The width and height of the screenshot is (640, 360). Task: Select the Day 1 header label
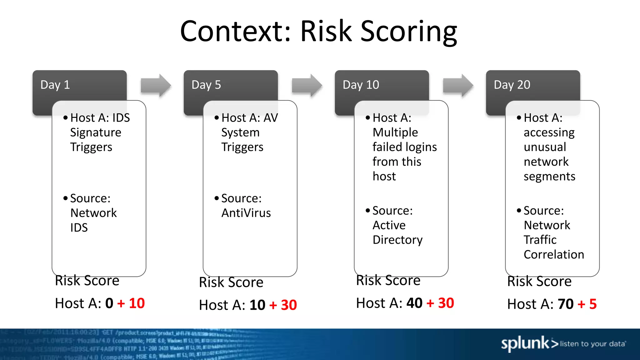point(55,85)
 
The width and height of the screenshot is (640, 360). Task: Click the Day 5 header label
point(206,85)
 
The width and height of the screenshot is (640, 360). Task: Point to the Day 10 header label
point(361,85)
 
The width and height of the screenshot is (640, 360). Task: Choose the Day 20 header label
point(512,85)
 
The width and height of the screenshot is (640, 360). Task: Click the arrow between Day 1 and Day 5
point(156,85)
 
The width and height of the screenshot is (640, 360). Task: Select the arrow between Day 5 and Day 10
point(307,85)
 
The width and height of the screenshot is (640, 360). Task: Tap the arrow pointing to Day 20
point(458,85)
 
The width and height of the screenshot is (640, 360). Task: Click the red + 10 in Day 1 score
point(131,303)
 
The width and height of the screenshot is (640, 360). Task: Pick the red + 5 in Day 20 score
point(587,304)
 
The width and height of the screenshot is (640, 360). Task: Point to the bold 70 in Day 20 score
point(566,304)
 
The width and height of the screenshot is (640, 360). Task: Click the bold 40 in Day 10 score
point(414,303)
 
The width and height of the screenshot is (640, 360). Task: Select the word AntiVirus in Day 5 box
point(246,213)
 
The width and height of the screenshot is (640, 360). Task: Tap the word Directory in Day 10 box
point(397,240)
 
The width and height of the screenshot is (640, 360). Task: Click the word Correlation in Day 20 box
point(554,255)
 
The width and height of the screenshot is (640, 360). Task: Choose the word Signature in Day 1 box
point(96,133)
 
